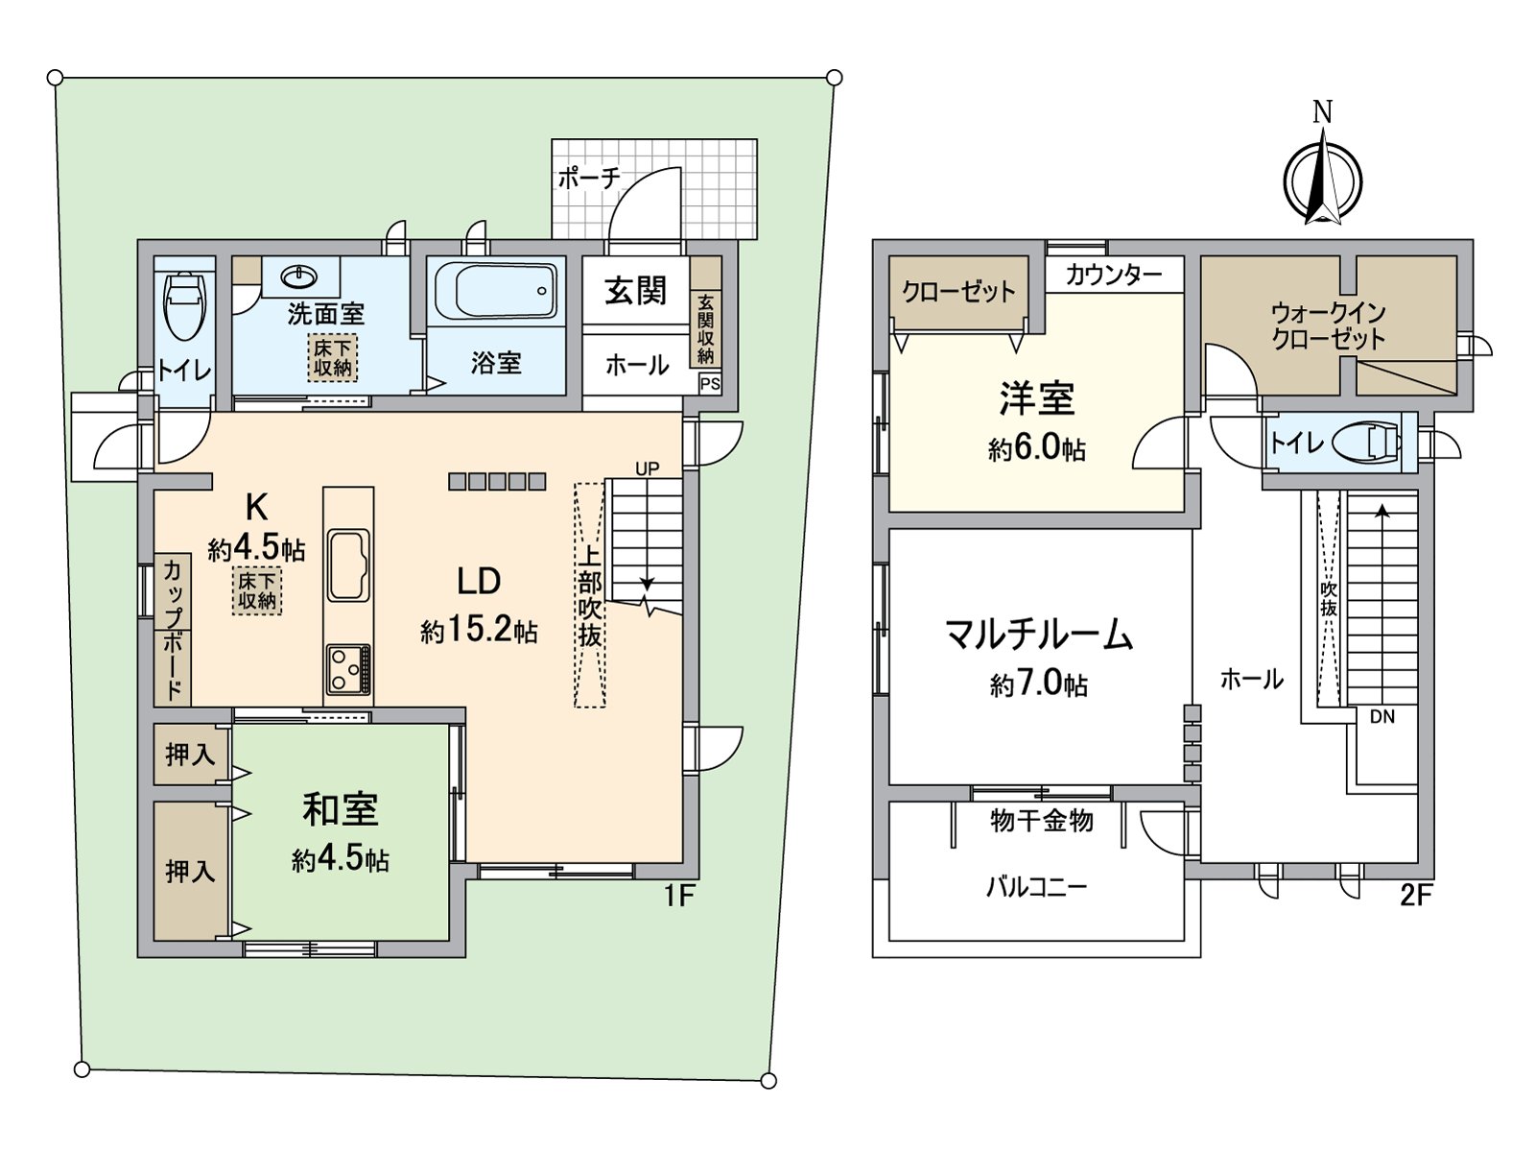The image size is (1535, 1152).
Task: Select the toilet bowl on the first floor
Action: tap(184, 306)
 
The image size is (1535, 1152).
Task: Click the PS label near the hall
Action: tap(710, 384)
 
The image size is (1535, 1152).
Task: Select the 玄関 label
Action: tap(635, 290)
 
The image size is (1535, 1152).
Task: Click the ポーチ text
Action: tap(589, 178)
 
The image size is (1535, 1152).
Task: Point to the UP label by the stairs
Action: tap(648, 468)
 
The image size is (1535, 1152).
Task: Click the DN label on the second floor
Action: tap(1382, 716)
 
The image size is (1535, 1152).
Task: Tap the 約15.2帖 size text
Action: tap(479, 632)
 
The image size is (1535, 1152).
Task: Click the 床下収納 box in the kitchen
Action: tap(257, 590)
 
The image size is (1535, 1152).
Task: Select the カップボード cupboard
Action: tap(173, 629)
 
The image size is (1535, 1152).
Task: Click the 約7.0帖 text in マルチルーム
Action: tap(1038, 684)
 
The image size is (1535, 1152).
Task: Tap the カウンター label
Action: tap(1113, 275)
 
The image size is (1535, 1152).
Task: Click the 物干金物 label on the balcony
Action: tap(1041, 821)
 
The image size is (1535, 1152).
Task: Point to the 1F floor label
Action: tap(678, 896)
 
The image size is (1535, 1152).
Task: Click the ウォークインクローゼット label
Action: tap(1328, 325)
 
